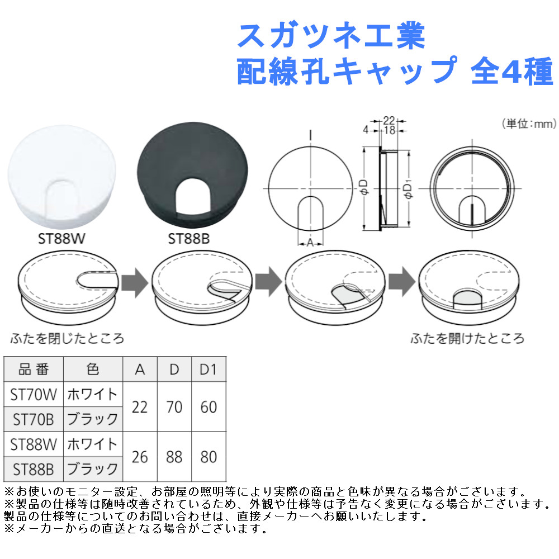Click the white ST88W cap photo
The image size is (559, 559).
(61, 176)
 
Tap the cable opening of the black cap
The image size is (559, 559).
(193, 197)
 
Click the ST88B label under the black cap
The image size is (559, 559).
(188, 239)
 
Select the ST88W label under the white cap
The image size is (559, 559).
(61, 239)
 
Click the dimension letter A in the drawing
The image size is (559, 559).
(310, 243)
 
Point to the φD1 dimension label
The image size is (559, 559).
(408, 191)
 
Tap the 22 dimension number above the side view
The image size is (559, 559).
(389, 121)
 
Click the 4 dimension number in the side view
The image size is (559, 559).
(366, 130)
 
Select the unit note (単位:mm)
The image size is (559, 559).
(529, 124)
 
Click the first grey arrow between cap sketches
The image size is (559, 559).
(134, 282)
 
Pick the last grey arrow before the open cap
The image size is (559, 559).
(402, 282)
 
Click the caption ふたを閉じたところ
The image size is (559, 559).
(68, 338)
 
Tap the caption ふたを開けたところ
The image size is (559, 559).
(467, 338)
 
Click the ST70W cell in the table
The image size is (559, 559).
(34, 394)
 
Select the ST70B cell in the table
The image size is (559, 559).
(34, 419)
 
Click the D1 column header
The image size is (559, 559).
(209, 369)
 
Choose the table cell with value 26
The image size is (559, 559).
(140, 457)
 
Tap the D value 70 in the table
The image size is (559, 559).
(174, 407)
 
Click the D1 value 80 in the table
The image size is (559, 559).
(209, 457)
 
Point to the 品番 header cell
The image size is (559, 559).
(34, 369)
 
